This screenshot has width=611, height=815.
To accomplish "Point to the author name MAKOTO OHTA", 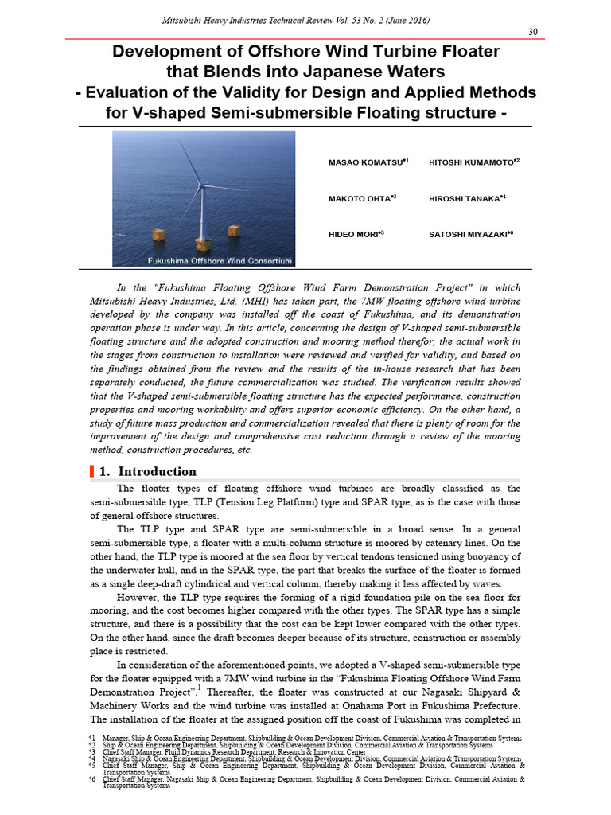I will pyautogui.click(x=359, y=198).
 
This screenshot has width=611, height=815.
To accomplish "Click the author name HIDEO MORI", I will pyautogui.click(x=354, y=235).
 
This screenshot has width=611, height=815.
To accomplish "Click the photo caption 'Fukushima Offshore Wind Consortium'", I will pyautogui.click(x=220, y=261).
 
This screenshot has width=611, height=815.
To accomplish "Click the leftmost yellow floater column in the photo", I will pyautogui.click(x=159, y=236).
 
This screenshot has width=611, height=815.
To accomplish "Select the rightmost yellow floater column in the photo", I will pyautogui.click(x=234, y=230).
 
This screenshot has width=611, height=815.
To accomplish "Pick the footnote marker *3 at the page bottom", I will pyautogui.click(x=92, y=751).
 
